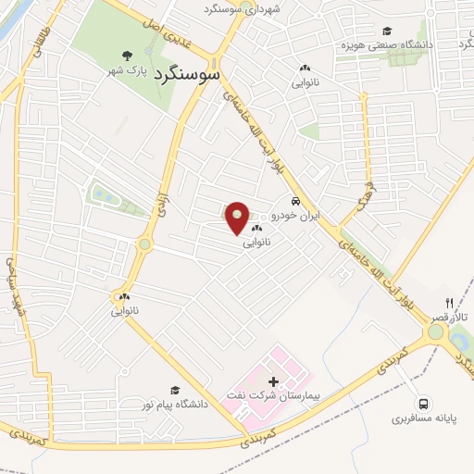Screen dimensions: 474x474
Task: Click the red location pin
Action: [238, 218]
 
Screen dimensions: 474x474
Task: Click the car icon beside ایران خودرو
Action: [295, 201]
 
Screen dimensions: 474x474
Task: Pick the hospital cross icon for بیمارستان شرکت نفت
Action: [272, 381]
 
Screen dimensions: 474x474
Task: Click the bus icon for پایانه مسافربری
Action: [423, 404]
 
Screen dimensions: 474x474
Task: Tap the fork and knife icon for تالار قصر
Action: [450, 303]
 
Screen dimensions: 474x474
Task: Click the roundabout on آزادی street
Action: [144, 245]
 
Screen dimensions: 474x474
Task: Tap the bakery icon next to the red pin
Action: [256, 229]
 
